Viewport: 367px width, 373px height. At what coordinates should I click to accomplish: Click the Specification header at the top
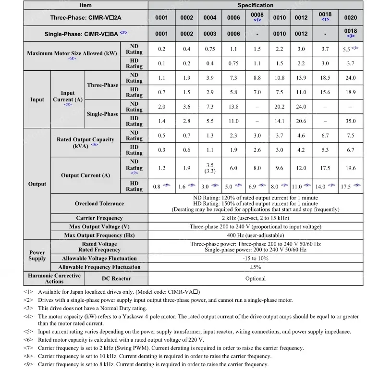point(255,5)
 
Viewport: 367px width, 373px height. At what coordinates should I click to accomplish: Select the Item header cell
point(86,5)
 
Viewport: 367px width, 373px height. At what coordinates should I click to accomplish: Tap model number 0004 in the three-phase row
point(210,18)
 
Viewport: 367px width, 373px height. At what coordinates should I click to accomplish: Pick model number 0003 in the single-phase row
point(210,34)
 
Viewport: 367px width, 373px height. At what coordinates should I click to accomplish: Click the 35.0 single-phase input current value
point(351,122)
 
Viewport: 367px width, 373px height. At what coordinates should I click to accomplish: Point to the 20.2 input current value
point(279,107)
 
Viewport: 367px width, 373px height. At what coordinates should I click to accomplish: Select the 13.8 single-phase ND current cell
point(233,107)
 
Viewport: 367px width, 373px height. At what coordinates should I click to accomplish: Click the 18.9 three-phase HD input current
point(351,92)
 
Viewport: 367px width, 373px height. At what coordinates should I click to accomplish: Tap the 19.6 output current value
point(351,168)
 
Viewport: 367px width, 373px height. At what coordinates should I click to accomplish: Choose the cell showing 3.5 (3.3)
point(210,168)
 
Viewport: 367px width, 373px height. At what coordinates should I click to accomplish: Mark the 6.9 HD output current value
point(253,186)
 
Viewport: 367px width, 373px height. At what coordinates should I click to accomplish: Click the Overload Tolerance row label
point(99,204)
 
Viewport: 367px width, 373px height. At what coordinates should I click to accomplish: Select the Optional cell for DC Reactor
point(255,279)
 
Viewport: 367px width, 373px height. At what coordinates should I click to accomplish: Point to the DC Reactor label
point(116,279)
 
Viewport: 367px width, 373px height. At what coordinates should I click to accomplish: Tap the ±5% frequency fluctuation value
point(255,267)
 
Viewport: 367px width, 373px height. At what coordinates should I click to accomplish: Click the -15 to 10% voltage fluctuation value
point(255,259)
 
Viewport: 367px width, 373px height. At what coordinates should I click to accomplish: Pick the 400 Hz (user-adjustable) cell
point(255,236)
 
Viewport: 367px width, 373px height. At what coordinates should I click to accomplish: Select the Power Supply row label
point(37,255)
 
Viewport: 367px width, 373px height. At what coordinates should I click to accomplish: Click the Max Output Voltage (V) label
point(99,227)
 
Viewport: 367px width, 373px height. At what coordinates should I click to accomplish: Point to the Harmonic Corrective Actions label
point(54,279)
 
